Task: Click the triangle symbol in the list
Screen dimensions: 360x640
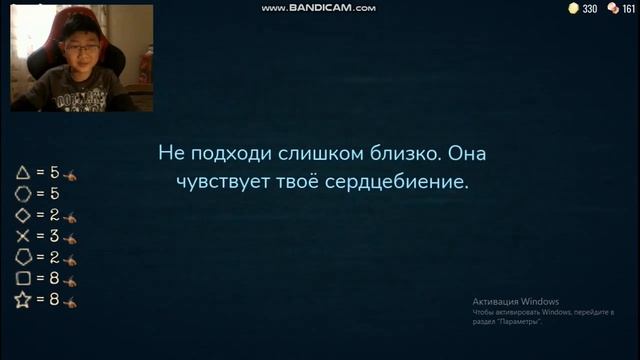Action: tap(22, 173)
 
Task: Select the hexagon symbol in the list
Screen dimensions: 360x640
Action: tap(22, 194)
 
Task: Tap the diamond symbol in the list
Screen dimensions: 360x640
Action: tap(22, 215)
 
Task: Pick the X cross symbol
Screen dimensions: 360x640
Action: tap(22, 236)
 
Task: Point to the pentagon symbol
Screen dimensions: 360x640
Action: tap(22, 257)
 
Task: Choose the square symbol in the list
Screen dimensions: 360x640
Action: tap(22, 279)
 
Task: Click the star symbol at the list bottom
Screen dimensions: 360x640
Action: tap(22, 300)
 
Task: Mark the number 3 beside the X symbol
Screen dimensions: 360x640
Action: tap(56, 236)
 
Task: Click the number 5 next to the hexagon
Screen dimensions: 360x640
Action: tap(55, 194)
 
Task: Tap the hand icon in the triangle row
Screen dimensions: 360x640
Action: tap(70, 174)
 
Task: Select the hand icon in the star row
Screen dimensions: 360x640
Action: tap(70, 301)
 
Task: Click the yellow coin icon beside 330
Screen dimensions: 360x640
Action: tap(573, 8)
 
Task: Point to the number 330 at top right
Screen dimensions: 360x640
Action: tap(590, 9)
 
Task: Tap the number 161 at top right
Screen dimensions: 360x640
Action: tap(629, 9)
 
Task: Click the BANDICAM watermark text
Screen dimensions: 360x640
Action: tap(319, 8)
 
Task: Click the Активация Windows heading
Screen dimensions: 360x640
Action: tap(516, 302)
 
